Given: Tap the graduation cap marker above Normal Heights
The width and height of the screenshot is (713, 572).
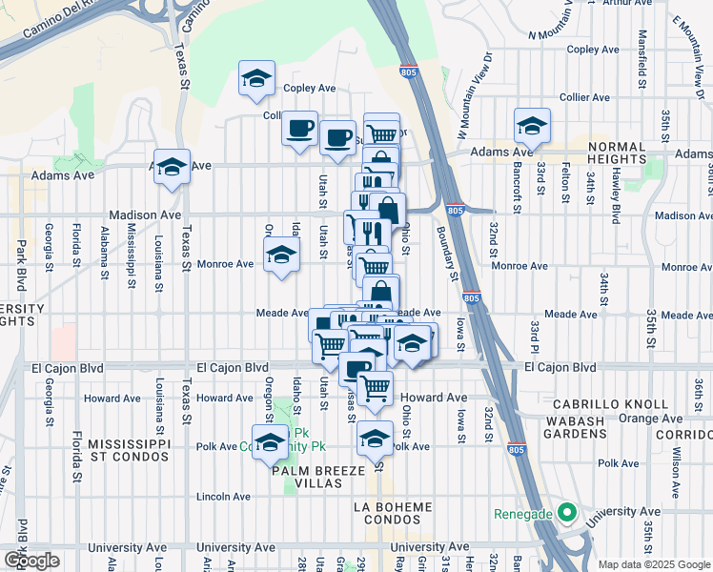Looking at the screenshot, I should (x=532, y=125).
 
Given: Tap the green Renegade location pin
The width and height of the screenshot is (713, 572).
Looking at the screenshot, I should (x=566, y=514).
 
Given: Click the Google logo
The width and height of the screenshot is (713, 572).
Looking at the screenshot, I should (x=32, y=560).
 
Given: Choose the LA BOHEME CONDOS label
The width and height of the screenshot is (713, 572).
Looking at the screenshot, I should (x=393, y=513).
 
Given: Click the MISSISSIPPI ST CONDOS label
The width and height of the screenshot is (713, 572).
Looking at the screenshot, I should (x=129, y=451).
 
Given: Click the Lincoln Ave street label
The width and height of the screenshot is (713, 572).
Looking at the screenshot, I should (x=223, y=497).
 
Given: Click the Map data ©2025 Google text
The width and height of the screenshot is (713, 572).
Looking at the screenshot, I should (x=654, y=563).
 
